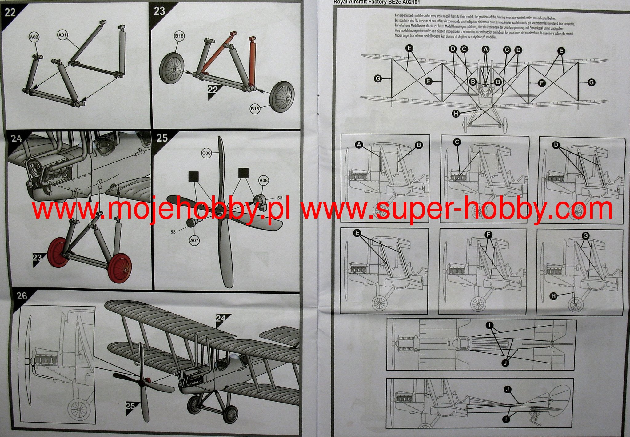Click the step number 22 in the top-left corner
tap(10, 13)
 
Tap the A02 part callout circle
tap(34, 37)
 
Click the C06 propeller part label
tap(206, 153)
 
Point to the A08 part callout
tap(263, 181)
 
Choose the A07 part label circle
tap(194, 240)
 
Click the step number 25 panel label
tap(162, 138)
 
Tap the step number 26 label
tap(22, 296)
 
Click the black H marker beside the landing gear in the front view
tap(456, 114)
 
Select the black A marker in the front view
tap(485, 49)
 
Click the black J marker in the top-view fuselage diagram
tap(505, 363)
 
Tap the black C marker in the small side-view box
tap(457, 142)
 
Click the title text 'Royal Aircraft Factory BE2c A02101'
tap(377, 2)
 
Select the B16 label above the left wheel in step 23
tap(179, 36)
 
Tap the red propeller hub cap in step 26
tap(147, 379)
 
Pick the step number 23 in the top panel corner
tap(159, 11)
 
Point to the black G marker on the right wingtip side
tap(591, 82)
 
